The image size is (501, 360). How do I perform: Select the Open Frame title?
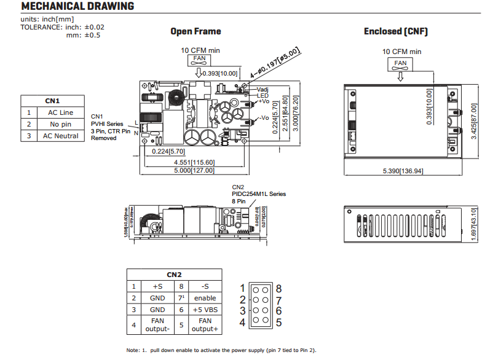tap(195, 31)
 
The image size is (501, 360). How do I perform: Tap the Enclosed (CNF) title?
tap(396, 31)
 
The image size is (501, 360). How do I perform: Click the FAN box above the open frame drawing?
tap(200, 59)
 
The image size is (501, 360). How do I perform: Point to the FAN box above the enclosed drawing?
tap(400, 63)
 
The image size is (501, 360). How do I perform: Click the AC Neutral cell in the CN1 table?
tap(60, 136)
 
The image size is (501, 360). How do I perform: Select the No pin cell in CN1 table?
tap(60, 124)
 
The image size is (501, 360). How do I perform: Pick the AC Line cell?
tap(60, 112)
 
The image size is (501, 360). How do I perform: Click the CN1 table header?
tap(52, 101)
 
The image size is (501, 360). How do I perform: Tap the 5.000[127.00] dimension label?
tap(194, 171)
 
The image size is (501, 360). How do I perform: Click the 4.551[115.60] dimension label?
tap(194, 162)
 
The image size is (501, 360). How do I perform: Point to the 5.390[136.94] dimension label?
tap(403, 170)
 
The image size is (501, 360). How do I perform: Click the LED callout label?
tap(262, 95)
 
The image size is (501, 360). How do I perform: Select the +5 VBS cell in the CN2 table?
tap(205, 310)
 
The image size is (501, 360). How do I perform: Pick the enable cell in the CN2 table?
tap(205, 298)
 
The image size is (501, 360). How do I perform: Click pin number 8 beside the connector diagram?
tap(278, 288)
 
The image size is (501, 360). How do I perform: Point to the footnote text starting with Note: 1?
tap(221, 350)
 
